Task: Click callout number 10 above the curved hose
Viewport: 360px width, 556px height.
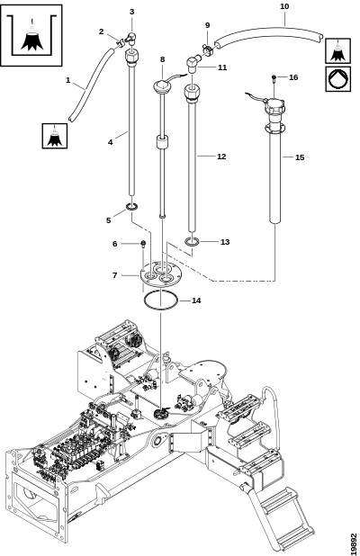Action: pos(284,6)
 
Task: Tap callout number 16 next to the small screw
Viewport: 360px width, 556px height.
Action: pos(293,77)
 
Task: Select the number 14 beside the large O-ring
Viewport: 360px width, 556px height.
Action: pos(196,300)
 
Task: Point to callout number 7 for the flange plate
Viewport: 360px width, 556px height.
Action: pos(114,275)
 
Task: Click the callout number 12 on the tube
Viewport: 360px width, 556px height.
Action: pos(221,157)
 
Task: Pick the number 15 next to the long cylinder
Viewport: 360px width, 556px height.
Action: pos(300,157)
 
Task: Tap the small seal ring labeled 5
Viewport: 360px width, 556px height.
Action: pos(132,207)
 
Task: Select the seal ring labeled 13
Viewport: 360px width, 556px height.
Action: pos(192,242)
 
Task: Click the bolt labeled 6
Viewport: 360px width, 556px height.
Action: pos(143,244)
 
